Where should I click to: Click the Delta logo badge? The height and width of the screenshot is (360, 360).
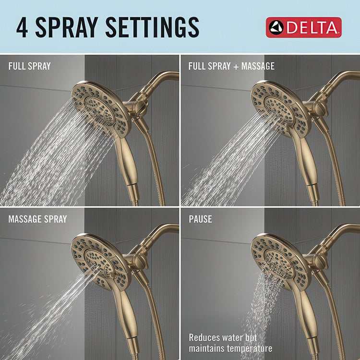pyautogui.click(x=303, y=27)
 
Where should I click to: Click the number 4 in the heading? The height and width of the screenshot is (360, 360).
pyautogui.click(x=22, y=27)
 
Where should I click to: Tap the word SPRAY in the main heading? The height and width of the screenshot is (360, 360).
pyautogui.click(x=67, y=27)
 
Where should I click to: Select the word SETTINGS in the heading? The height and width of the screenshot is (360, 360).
pyautogui.click(x=152, y=27)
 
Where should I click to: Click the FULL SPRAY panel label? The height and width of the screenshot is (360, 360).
pyautogui.click(x=29, y=66)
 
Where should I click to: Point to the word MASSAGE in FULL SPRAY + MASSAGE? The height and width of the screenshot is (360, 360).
pyautogui.click(x=258, y=66)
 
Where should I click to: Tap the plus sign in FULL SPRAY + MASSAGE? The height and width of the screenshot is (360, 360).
pyautogui.click(x=236, y=67)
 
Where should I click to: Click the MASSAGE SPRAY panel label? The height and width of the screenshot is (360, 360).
pyautogui.click(x=37, y=219)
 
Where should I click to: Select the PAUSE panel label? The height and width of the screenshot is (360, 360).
pyautogui.click(x=200, y=219)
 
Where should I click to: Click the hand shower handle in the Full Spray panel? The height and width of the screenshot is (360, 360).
pyautogui.click(x=127, y=165)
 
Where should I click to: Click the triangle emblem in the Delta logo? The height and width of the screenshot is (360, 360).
pyautogui.click(x=276, y=27)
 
